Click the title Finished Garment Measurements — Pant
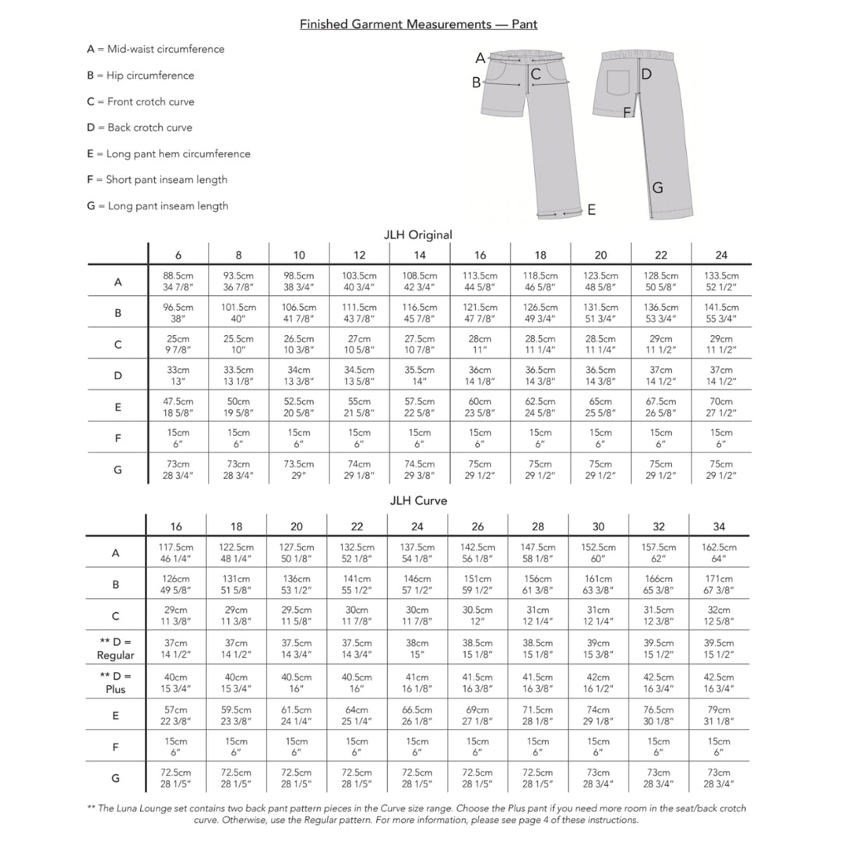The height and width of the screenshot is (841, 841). (418, 24)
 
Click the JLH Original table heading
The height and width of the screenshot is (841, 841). (418, 234)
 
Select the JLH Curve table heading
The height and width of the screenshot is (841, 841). (418, 501)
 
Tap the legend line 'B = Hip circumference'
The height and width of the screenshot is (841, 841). (141, 76)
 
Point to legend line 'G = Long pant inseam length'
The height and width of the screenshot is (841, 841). (158, 206)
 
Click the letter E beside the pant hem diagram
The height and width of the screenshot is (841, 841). (592, 209)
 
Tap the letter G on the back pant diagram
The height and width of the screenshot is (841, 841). (657, 188)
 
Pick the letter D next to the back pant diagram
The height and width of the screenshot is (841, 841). (646, 74)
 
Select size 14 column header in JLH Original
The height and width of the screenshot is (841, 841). (420, 255)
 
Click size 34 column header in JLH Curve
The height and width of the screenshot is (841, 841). (719, 526)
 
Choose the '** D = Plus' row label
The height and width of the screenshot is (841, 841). (115, 682)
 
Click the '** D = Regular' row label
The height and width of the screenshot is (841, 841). (115, 649)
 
